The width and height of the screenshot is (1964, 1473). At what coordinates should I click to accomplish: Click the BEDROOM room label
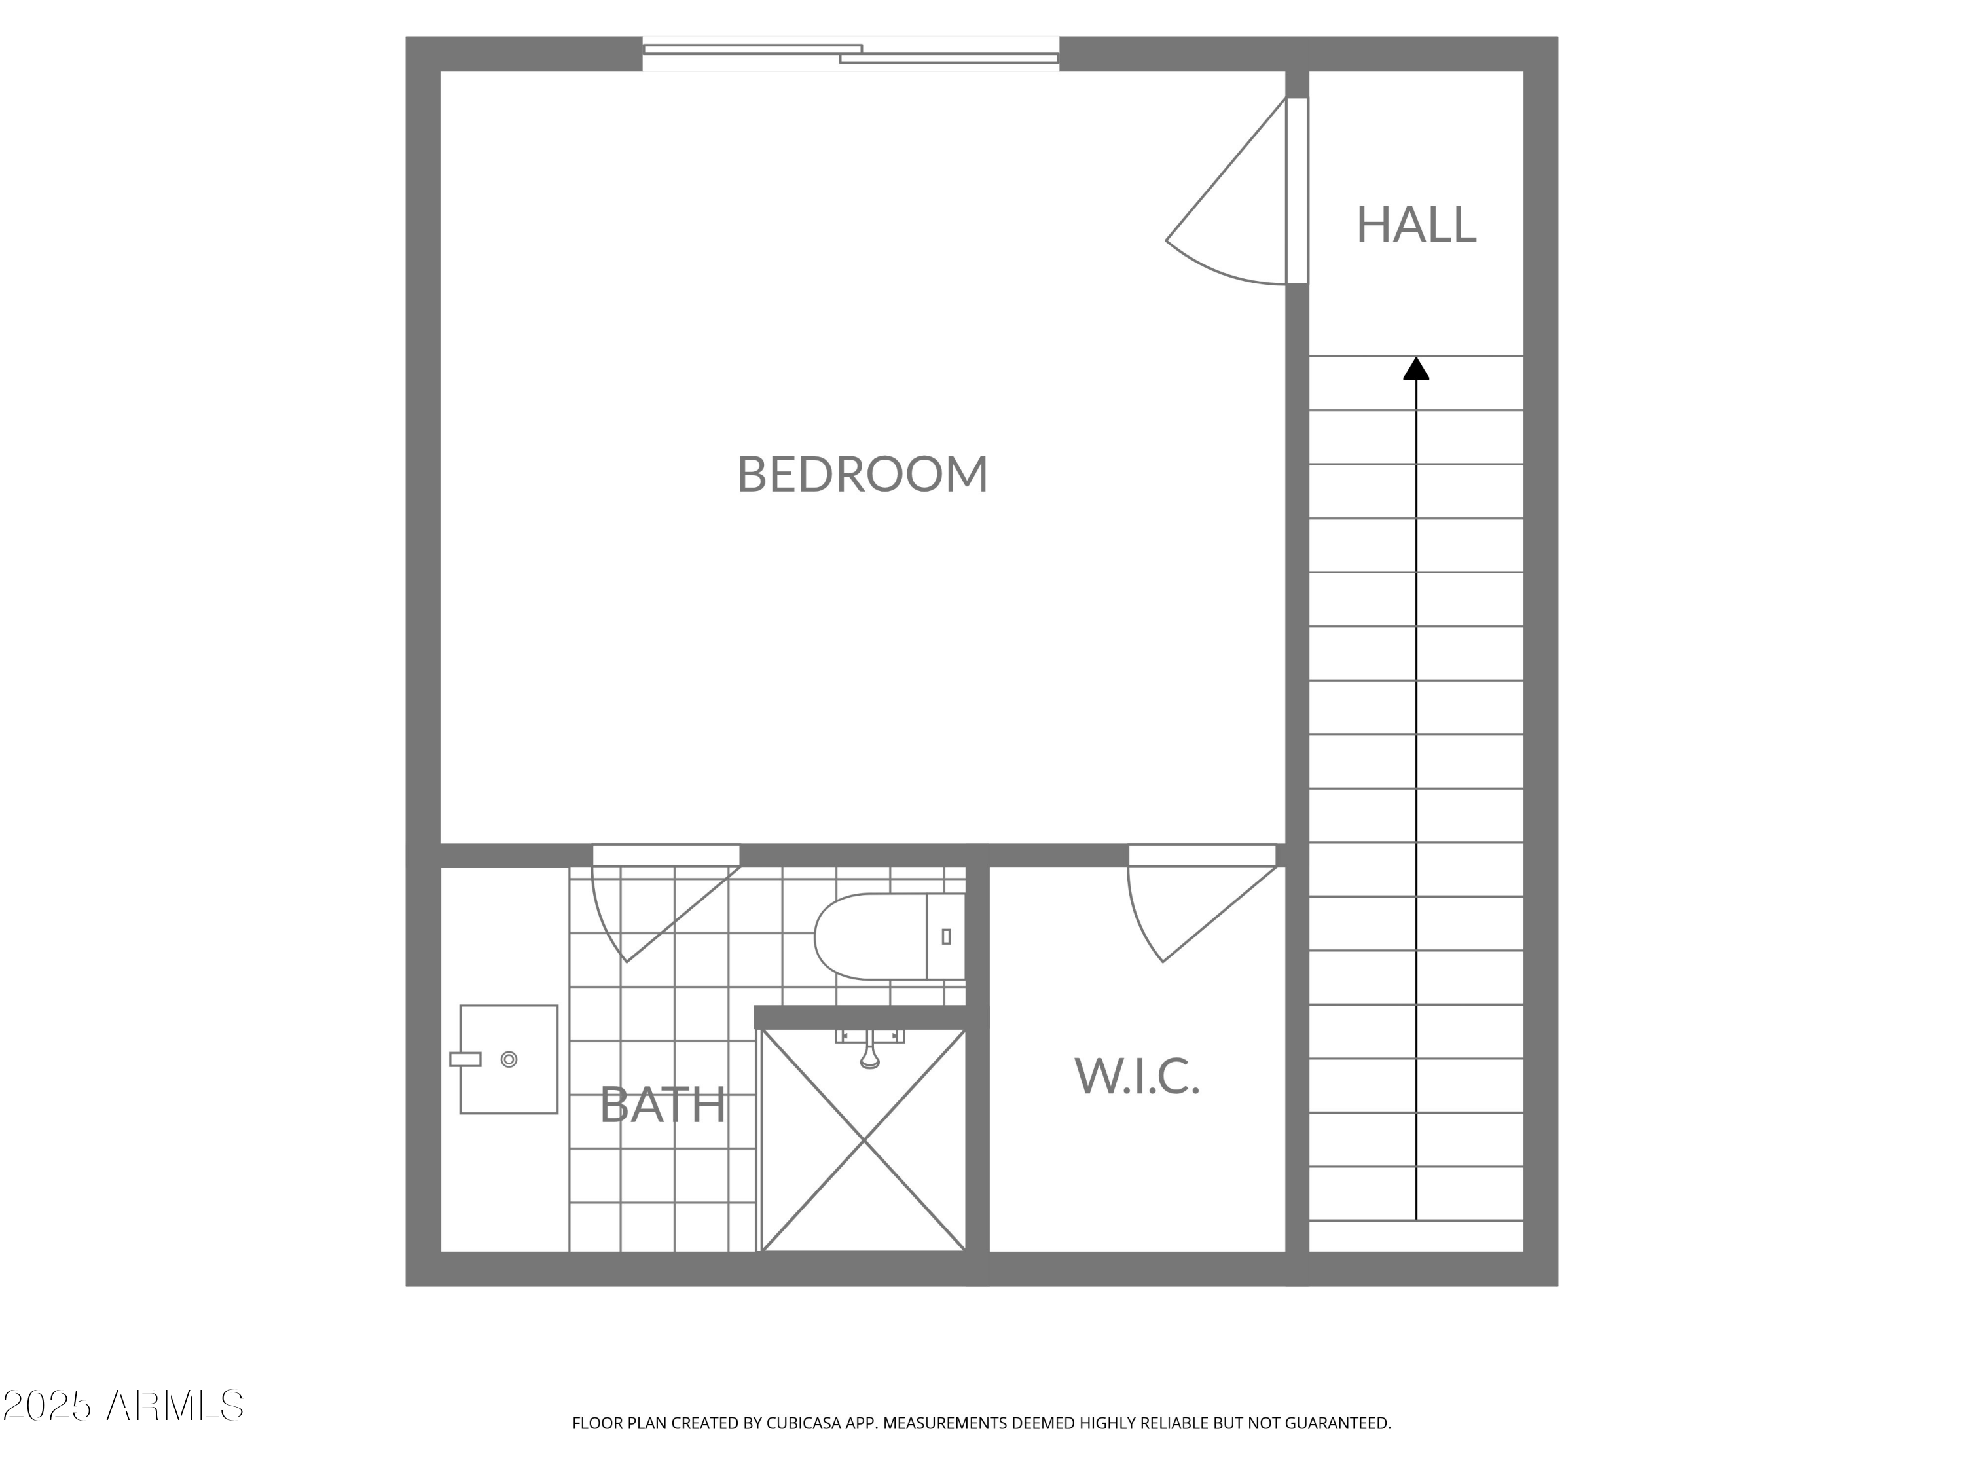point(862,474)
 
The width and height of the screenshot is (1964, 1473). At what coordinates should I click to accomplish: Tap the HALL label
point(1415,225)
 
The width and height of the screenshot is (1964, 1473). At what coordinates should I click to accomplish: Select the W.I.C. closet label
point(1137,1076)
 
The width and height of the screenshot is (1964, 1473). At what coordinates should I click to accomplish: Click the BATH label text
point(663,1106)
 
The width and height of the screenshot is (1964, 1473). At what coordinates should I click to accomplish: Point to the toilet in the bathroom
point(879,937)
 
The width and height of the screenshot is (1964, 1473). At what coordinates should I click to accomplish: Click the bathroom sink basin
point(509,1059)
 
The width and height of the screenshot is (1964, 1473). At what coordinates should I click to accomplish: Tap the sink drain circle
point(509,1059)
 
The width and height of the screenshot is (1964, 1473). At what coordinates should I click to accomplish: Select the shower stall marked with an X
point(863,1141)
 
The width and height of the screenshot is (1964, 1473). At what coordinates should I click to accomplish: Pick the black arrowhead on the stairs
point(1415,369)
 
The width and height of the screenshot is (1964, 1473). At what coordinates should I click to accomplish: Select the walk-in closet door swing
point(1190,915)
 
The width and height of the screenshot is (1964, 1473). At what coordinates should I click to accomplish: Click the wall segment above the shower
point(860,1017)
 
